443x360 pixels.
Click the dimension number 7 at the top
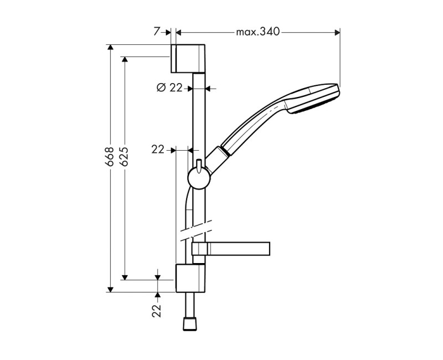pyautogui.click(x=156, y=32)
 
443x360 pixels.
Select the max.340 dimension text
pyautogui.click(x=258, y=32)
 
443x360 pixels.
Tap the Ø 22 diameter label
pyautogui.click(x=169, y=88)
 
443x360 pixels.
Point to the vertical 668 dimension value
pyautogui.click(x=110, y=157)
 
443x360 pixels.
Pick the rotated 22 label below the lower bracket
pyautogui.click(x=157, y=310)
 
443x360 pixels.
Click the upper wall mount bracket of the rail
pyautogui.click(x=190, y=58)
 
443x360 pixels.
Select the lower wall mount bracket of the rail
pyautogui.click(x=190, y=278)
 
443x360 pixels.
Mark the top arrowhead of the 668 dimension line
pyautogui.click(x=110, y=48)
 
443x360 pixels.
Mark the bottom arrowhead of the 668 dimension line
pyautogui.click(x=110, y=288)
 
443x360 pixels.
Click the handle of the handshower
pyautogui.click(x=252, y=124)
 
